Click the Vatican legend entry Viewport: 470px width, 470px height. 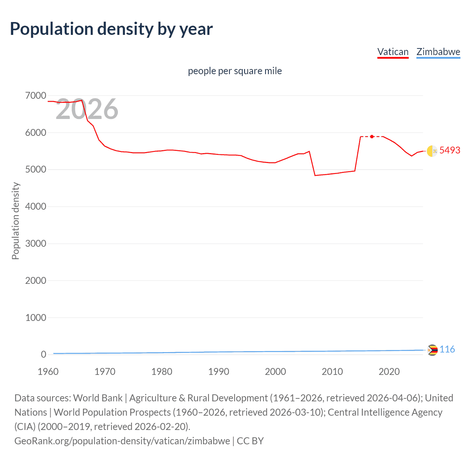click(393, 52)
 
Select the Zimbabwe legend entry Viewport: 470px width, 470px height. click(438, 52)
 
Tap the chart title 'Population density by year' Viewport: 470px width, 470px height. click(111, 29)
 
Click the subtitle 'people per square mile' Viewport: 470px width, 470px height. click(235, 71)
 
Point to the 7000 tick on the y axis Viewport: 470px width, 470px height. click(36, 96)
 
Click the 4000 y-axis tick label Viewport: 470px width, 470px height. click(36, 207)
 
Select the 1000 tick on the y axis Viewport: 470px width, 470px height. click(36, 318)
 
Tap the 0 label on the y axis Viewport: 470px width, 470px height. click(44, 355)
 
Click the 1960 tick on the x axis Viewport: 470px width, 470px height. click(48, 372)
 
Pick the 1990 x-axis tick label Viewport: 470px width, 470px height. click(218, 372)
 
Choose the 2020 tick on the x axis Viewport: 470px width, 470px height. click(389, 372)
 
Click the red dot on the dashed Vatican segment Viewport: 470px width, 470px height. click(372, 137)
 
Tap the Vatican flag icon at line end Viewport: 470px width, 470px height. click(432, 151)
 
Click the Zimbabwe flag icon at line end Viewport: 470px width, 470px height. click(433, 350)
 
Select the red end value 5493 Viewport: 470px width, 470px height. click(450, 150)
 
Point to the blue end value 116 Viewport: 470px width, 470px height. click(447, 349)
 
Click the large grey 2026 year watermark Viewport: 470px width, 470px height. click(87, 109)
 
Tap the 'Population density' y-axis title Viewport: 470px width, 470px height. click(15, 221)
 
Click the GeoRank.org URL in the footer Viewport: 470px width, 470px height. click(122, 441)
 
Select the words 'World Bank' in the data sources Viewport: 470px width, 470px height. click(98, 398)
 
